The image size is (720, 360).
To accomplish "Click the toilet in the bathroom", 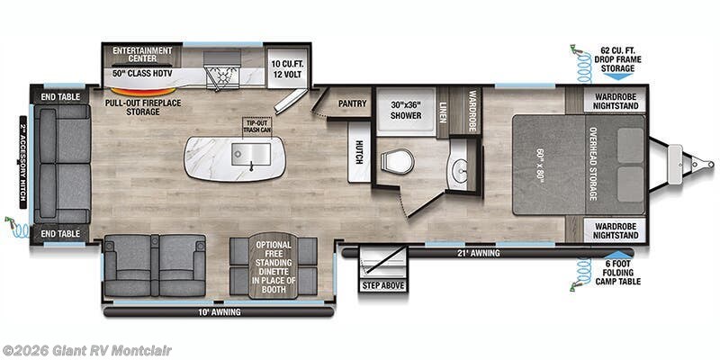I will (x=396, y=162).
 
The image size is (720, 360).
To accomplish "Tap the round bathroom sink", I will (x=461, y=169).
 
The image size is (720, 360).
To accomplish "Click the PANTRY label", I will (x=352, y=103).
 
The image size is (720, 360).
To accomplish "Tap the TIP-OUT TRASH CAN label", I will (x=257, y=126).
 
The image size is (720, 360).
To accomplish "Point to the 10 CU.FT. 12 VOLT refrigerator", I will (x=289, y=68).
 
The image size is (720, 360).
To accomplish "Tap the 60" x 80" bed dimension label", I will (x=538, y=166).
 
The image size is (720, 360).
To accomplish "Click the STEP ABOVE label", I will (x=384, y=285).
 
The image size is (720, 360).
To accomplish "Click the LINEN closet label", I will (x=443, y=112).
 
